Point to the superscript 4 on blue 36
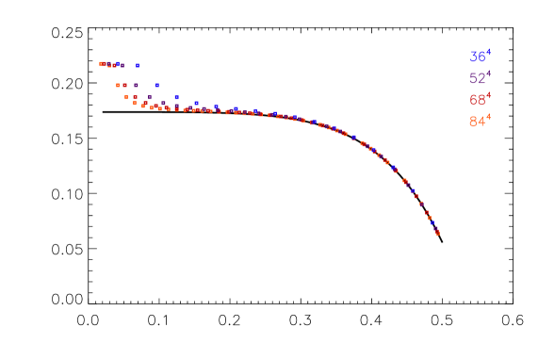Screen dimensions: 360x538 click(488, 52)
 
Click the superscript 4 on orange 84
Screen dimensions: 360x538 click(488, 117)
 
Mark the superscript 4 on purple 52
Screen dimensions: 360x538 click(488, 74)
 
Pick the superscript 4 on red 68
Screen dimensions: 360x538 click(488, 95)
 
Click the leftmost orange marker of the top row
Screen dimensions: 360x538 click(101, 64)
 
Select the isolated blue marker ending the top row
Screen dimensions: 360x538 click(138, 65)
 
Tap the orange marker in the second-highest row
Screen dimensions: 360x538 click(118, 85)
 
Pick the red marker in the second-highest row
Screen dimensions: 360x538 click(124, 85)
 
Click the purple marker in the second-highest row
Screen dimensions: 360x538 click(136, 85)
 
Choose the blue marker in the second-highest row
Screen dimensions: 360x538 click(157, 85)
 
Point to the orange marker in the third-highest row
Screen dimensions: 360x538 click(126, 97)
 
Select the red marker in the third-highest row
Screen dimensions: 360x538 click(135, 97)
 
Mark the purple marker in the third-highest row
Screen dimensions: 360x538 click(149, 97)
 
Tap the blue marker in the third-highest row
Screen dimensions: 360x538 click(176, 97)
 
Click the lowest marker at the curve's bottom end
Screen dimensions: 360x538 click(438, 233)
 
